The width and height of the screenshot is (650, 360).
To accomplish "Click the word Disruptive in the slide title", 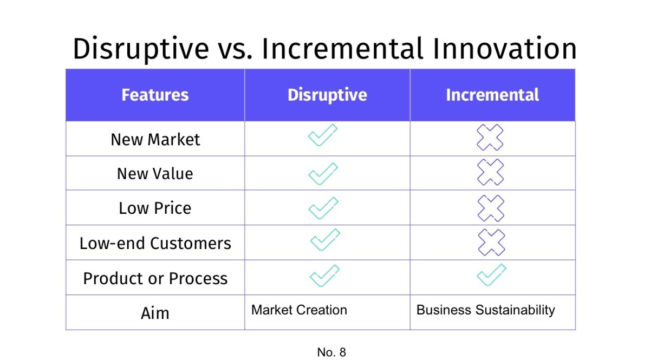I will click(x=140, y=49).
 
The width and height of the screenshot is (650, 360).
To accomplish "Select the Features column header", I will click(x=155, y=95).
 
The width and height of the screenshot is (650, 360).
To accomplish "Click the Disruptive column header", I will click(x=327, y=95).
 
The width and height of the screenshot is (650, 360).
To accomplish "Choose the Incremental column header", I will click(x=492, y=95).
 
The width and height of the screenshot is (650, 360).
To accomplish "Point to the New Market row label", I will click(x=155, y=140).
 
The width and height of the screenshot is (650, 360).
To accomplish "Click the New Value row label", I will click(x=155, y=174).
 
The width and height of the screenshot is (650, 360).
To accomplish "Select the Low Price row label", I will click(x=155, y=208).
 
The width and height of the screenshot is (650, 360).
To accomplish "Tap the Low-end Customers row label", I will click(x=155, y=243).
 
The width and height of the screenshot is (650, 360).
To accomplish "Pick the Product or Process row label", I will click(x=155, y=278).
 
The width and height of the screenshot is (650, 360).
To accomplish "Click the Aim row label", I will click(x=155, y=313).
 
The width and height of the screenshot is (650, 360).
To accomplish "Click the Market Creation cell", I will click(x=299, y=310).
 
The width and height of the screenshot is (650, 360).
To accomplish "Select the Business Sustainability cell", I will click(x=485, y=310).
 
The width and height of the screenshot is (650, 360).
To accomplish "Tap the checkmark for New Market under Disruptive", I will click(x=323, y=135).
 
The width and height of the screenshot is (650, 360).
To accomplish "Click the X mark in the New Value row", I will click(x=490, y=173).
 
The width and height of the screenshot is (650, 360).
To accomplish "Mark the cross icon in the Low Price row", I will click(x=490, y=208).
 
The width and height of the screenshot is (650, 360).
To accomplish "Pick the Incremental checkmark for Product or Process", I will click(x=491, y=275).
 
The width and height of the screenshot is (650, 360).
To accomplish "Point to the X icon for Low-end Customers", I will click(x=491, y=242).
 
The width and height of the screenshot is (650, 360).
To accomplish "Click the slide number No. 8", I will click(x=331, y=352).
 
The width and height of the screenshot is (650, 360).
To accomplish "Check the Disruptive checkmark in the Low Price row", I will click(x=323, y=208).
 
